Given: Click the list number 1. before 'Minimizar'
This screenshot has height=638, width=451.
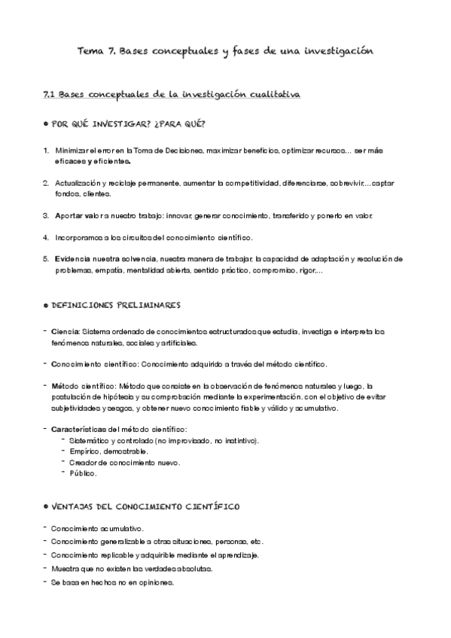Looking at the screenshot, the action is point(47,150).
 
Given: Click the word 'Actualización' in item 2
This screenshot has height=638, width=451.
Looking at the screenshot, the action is point(78,183).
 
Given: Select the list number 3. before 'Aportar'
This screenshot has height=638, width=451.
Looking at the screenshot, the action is point(47,216).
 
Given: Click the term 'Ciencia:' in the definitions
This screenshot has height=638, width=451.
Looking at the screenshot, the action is point(65,331).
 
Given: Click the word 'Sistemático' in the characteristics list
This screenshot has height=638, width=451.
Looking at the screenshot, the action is point(89,440).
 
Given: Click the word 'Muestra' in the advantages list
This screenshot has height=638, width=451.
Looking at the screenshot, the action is point(65,569).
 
